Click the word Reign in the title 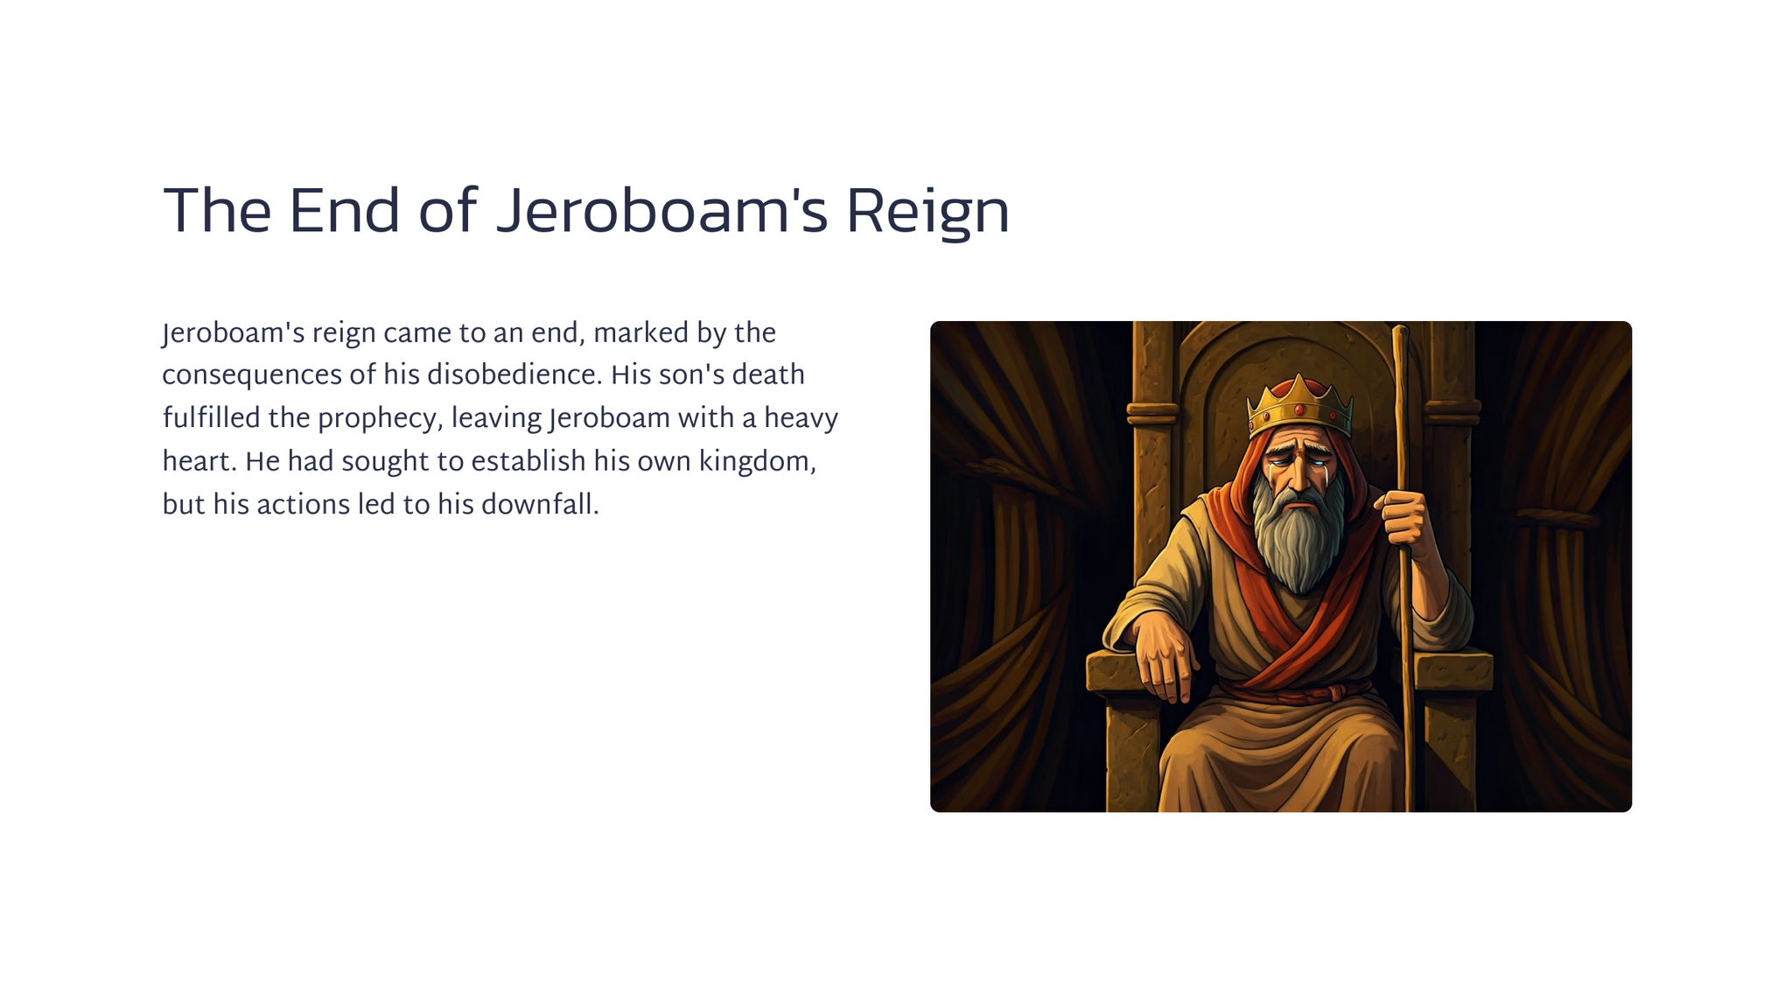point(927,213)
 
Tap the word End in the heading point(344,212)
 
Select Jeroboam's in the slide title point(661,213)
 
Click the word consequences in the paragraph point(252,376)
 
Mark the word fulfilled point(212,418)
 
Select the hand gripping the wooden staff point(1401,518)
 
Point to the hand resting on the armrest point(1163,656)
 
